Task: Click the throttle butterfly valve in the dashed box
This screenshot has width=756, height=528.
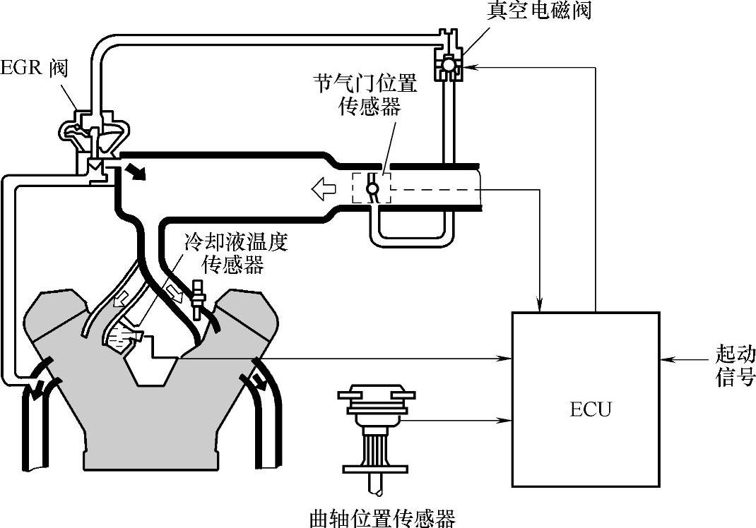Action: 372,189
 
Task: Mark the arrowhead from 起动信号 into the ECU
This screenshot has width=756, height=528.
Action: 665,361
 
